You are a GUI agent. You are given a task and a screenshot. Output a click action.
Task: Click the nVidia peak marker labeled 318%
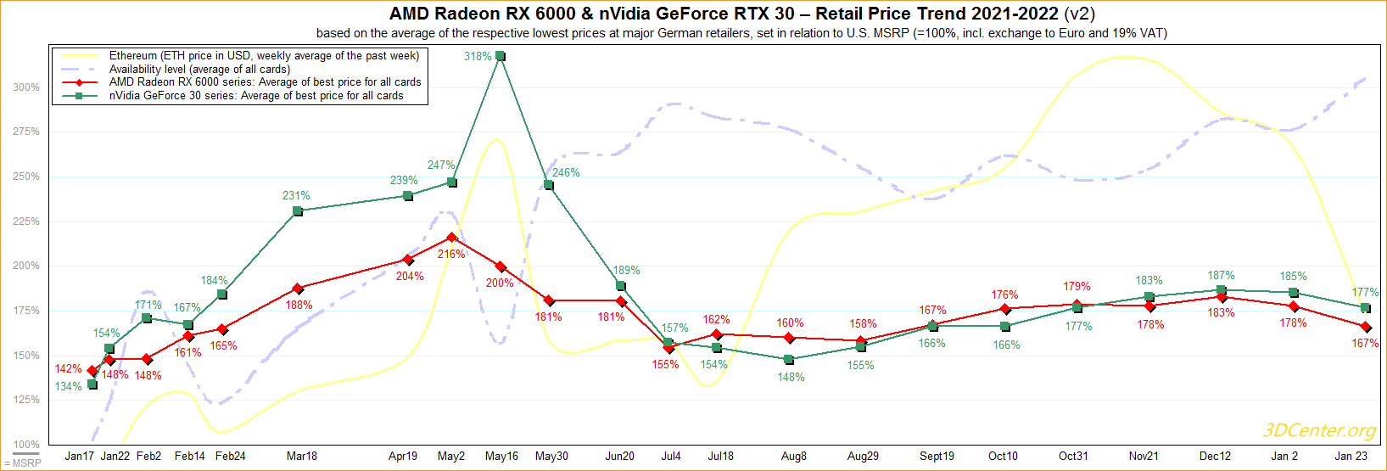coord(501,56)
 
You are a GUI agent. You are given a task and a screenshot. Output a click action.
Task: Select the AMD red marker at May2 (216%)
coord(452,238)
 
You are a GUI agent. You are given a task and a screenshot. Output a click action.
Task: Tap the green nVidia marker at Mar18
coord(298,211)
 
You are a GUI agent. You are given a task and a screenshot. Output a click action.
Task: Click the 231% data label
coord(296,196)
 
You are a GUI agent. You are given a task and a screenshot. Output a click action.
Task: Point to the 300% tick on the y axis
coord(25,87)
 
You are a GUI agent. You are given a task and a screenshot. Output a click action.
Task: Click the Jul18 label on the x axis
coord(720,457)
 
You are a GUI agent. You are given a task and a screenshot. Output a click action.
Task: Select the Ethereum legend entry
coord(264,56)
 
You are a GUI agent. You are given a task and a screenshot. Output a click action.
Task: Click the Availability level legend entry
coord(199,70)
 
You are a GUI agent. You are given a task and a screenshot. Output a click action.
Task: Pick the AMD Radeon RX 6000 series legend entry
coord(265,82)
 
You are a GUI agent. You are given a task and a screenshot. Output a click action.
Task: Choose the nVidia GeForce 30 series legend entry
coord(256,96)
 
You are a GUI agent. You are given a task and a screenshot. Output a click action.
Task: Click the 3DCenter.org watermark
coord(1319,430)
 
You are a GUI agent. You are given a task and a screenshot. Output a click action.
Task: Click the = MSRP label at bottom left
coord(23,463)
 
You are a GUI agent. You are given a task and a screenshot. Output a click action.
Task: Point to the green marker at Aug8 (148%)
coord(789,360)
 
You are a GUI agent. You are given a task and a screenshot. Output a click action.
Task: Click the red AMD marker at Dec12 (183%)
coord(1222,297)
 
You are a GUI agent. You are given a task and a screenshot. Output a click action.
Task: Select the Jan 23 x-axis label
coord(1351,457)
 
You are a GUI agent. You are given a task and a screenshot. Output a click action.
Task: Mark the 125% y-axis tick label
coord(25,400)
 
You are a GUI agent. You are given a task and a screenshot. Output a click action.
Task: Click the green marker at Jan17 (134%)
coord(92,384)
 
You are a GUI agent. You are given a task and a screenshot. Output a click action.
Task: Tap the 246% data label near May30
coord(566,173)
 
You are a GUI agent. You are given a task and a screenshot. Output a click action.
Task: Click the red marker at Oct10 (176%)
coord(1005,309)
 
